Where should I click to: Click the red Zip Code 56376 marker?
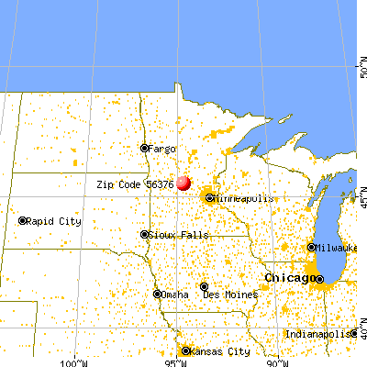(183, 183)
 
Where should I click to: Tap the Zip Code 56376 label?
(135, 184)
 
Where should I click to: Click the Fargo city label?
(161, 148)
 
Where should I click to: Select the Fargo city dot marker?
(144, 148)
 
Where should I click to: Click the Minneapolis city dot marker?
(210, 197)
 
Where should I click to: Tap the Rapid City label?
(54, 221)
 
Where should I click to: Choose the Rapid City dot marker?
(23, 221)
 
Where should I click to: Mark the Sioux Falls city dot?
(144, 234)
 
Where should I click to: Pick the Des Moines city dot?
(205, 286)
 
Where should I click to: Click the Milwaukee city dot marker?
(311, 247)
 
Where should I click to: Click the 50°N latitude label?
(361, 68)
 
